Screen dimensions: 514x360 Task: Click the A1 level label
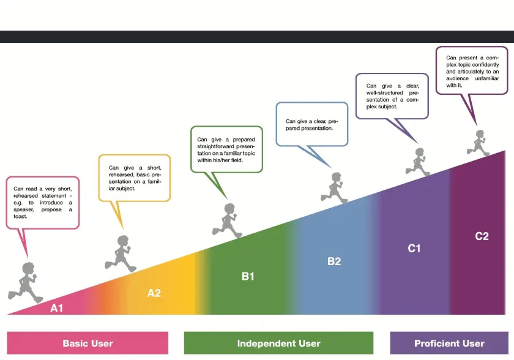(x=56, y=308)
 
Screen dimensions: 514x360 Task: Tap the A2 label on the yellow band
(x=154, y=293)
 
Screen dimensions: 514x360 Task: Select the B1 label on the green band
(x=248, y=276)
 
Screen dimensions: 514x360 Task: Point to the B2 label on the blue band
(x=334, y=261)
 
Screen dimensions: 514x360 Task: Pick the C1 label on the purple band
(x=414, y=248)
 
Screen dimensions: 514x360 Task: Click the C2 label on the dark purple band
(x=482, y=236)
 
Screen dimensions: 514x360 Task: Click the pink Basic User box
(x=88, y=343)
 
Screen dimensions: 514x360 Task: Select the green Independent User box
(x=278, y=343)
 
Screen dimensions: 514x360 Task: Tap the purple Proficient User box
(x=449, y=343)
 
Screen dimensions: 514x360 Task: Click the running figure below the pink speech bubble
(x=26, y=283)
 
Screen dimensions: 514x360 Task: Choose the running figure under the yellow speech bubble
(x=121, y=253)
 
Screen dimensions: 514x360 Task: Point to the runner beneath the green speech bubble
(x=228, y=220)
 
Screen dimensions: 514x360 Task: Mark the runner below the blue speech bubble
(x=334, y=188)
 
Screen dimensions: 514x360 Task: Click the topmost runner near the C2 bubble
(x=479, y=143)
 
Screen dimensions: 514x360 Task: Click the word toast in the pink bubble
(x=20, y=216)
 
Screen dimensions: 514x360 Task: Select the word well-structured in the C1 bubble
(x=384, y=93)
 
